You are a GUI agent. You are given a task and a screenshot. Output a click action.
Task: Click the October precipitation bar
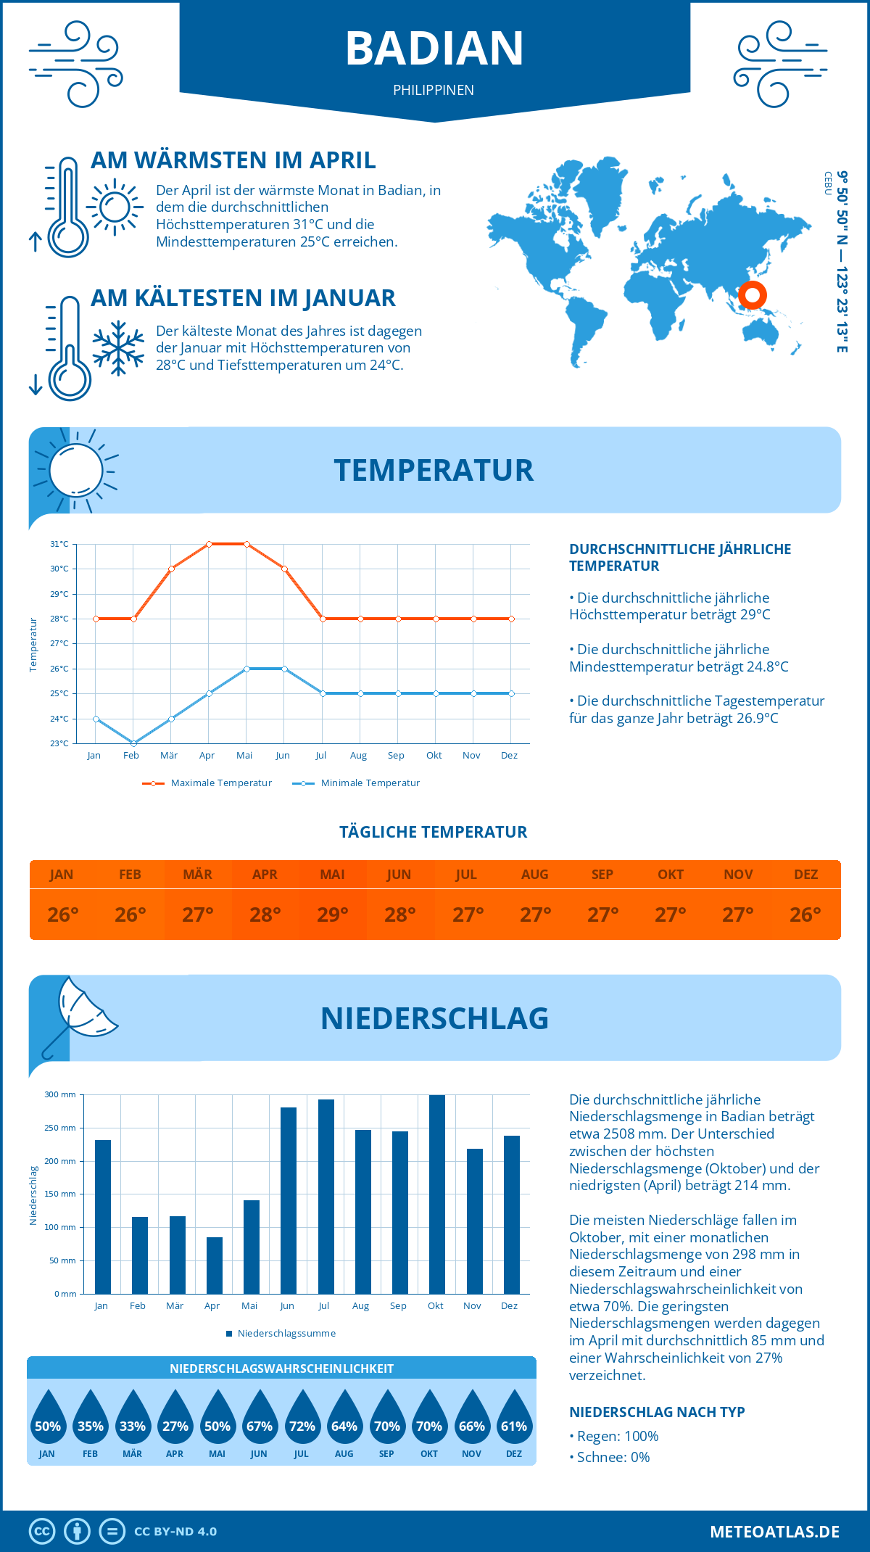[x=437, y=1194]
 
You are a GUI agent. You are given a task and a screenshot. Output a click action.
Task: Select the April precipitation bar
[x=215, y=1265]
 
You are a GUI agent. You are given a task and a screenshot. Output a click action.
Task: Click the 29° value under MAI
[x=333, y=915]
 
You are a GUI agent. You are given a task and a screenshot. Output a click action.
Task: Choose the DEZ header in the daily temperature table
[x=805, y=875]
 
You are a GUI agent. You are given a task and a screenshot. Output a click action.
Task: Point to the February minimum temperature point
[x=133, y=743]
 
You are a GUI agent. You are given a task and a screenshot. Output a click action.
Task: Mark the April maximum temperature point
[x=209, y=544]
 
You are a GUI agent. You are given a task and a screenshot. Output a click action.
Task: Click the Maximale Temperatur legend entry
[x=207, y=783]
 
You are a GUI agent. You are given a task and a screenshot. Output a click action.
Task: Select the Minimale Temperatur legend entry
[x=357, y=783]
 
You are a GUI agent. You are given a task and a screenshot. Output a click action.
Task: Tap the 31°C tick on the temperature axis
[x=59, y=544]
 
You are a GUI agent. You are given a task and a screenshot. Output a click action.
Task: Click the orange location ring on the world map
[x=753, y=295]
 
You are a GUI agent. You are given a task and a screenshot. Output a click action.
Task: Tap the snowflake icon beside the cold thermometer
[x=118, y=348]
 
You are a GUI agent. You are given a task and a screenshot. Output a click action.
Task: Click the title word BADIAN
[x=434, y=49]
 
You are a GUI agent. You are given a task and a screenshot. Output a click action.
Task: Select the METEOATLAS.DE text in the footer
[x=774, y=1532]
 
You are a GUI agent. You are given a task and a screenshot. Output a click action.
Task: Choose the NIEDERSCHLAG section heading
[x=434, y=1018]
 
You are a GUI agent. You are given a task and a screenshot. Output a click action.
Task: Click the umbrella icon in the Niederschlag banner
[x=80, y=1012]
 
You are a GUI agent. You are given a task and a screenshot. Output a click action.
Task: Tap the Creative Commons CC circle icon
[x=42, y=1532]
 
